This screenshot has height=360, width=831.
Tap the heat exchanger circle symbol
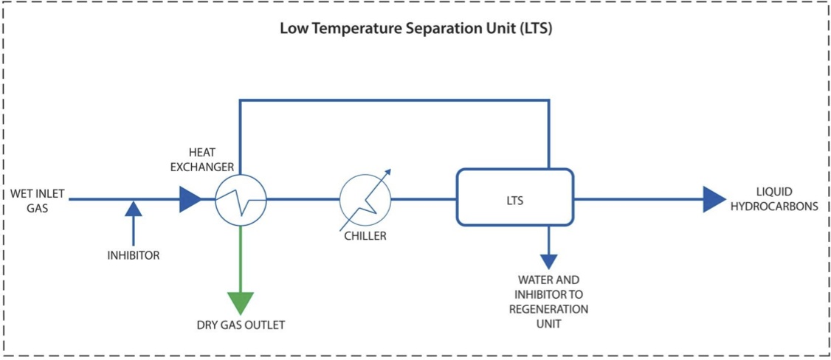pyautogui.click(x=241, y=199)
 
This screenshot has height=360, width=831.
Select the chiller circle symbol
pyautogui.click(x=365, y=199)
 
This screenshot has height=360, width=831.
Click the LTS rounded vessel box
pyautogui.click(x=514, y=197)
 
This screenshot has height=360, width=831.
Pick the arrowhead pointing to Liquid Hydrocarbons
pyautogui.click(x=713, y=199)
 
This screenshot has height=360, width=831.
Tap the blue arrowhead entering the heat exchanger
pyautogui.click(x=190, y=199)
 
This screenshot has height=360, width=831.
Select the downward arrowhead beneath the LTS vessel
pyautogui.click(x=548, y=261)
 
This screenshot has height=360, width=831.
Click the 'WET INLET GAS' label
pyautogui.click(x=38, y=201)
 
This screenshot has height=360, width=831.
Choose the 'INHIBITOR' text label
pyautogui.click(x=133, y=256)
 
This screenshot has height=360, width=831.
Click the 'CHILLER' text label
pyautogui.click(x=365, y=237)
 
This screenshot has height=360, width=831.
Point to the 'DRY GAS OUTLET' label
pyautogui.click(x=241, y=325)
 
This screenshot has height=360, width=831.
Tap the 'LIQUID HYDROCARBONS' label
pyautogui.click(x=782, y=199)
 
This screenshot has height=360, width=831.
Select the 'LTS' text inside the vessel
pyautogui.click(x=515, y=200)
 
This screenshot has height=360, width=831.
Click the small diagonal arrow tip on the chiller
pyautogui.click(x=389, y=172)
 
